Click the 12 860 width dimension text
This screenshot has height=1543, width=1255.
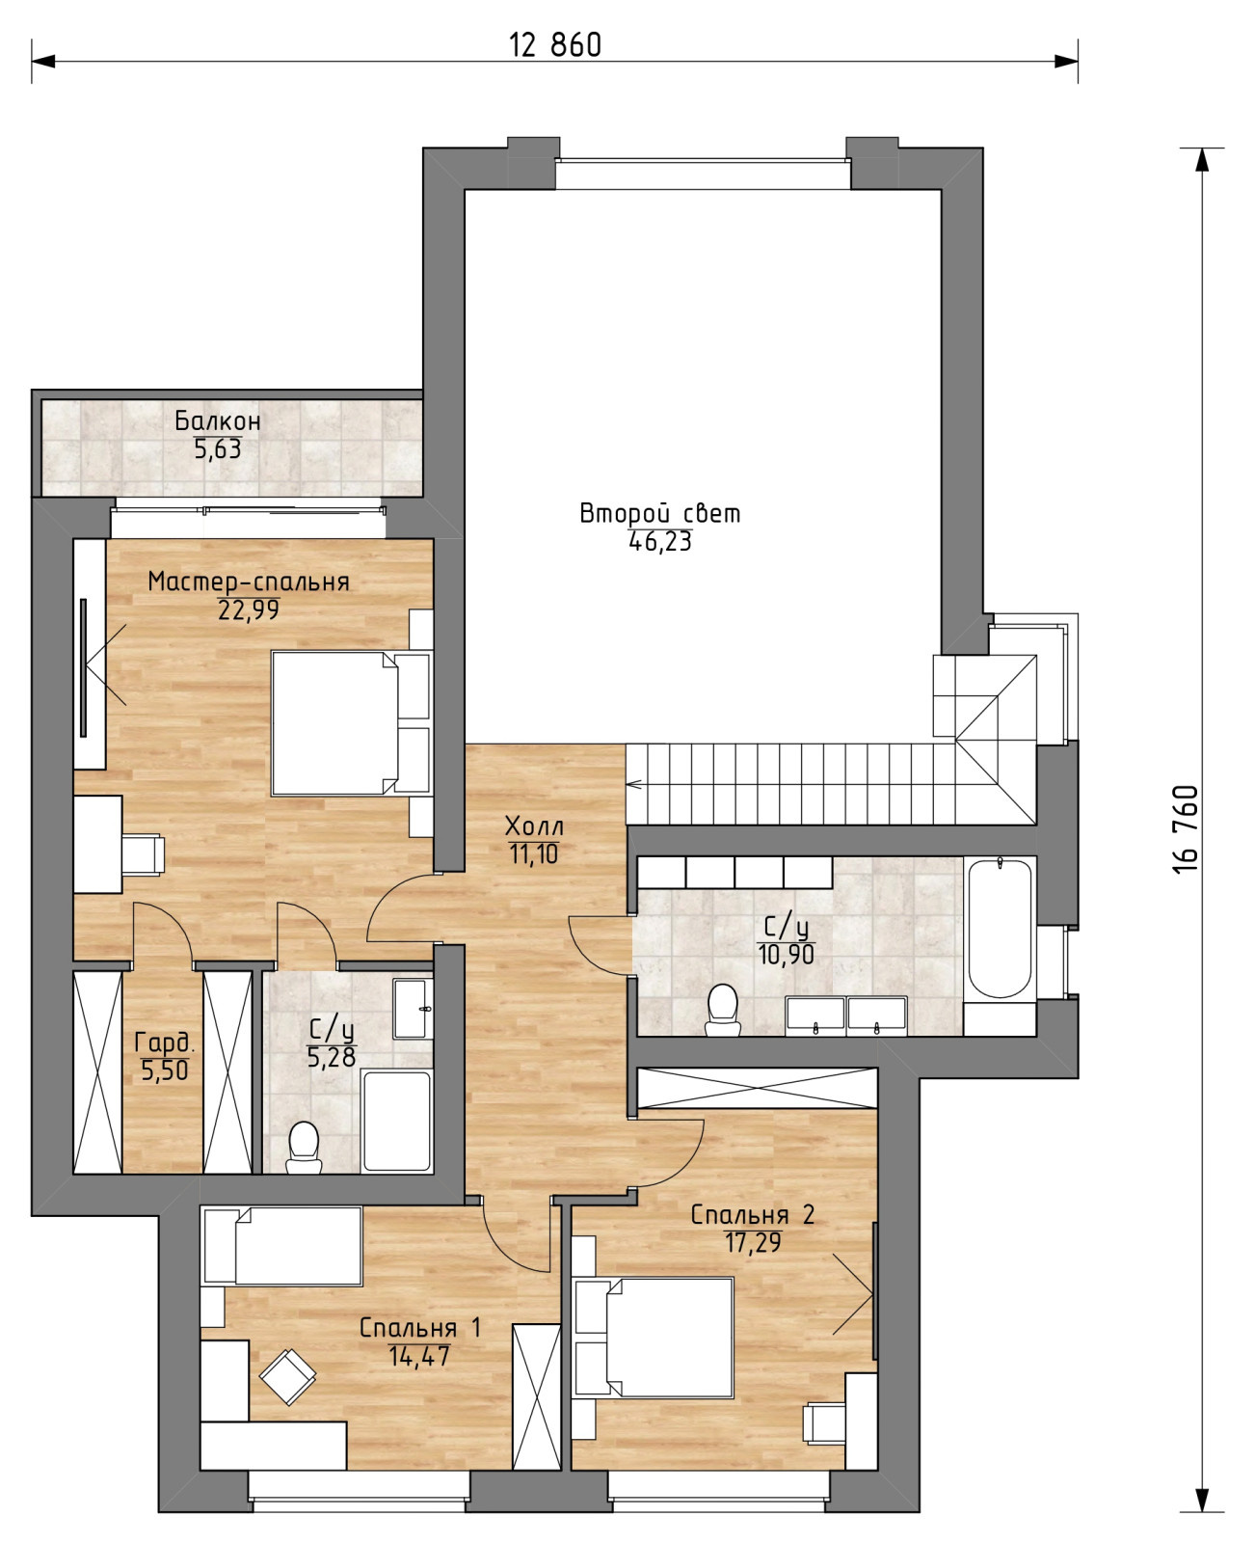(554, 45)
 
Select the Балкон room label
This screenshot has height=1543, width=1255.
(217, 420)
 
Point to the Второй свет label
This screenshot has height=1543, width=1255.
(659, 514)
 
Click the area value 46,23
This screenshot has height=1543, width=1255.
(659, 542)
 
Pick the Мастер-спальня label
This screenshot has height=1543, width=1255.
(249, 582)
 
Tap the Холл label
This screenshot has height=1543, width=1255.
(534, 826)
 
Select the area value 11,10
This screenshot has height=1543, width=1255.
(534, 854)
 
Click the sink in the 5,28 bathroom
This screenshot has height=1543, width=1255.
(413, 1009)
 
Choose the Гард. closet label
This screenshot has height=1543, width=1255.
(165, 1042)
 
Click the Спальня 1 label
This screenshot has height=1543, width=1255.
(419, 1327)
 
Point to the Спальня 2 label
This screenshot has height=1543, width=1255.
(753, 1214)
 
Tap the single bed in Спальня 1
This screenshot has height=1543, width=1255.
(282, 1246)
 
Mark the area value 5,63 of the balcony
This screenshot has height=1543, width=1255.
(217, 449)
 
